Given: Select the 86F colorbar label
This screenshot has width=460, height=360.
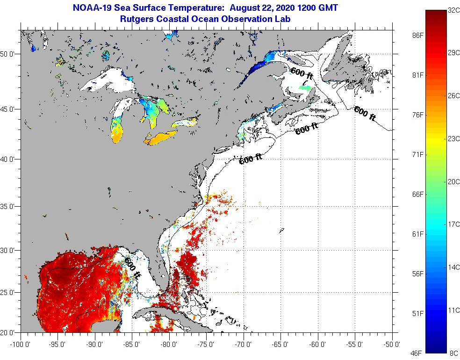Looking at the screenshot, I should pyautogui.click(x=418, y=36).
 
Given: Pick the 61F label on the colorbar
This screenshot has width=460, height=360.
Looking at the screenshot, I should pyautogui.click(x=418, y=234).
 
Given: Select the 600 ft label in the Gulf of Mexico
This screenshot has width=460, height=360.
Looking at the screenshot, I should pyautogui.click(x=132, y=268).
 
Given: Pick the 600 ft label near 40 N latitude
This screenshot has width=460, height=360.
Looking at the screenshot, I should pyautogui.click(x=251, y=159).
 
